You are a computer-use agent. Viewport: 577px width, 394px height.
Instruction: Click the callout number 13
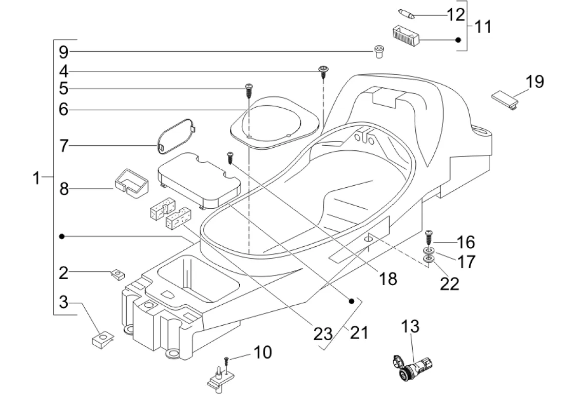pos(410,326)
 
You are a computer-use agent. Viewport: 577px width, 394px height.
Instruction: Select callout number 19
pos(534,82)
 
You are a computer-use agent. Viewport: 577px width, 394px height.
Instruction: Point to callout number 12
pos(455,14)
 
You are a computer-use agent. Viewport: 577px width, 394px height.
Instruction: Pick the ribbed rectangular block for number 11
pos(406,36)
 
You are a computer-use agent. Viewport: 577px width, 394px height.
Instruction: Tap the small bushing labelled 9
pos(379,51)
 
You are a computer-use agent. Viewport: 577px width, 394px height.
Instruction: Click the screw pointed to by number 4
pos(323,71)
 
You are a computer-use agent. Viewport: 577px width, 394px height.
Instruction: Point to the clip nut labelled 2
pos(118,274)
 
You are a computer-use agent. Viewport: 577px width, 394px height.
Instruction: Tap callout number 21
pos(359,333)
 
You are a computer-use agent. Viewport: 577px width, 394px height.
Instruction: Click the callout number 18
pos(388,278)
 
